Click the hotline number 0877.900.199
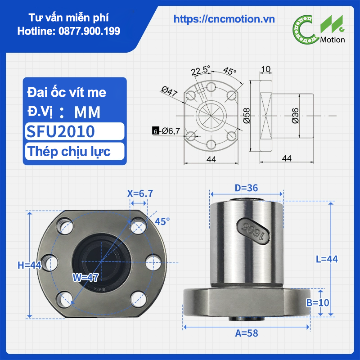tap(89, 31)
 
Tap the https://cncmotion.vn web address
tap(224, 19)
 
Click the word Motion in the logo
tap(332, 40)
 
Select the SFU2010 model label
tap(60, 131)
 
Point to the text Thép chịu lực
tap(69, 152)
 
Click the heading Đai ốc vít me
tap(67, 92)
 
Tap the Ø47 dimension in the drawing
tap(169, 91)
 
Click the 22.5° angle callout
tap(201, 70)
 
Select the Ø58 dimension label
tap(247, 116)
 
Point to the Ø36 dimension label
tap(295, 116)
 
